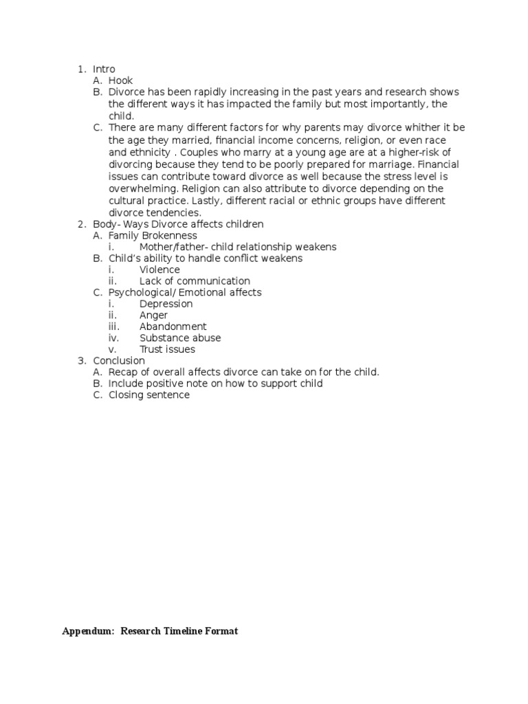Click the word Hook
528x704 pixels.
coord(120,81)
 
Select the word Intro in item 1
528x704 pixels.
coord(104,69)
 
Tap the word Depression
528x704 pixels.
coord(166,304)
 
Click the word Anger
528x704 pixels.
coord(153,316)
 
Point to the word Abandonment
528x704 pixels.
coord(173,327)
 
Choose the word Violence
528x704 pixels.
coord(159,270)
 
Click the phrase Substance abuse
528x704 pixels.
coord(180,338)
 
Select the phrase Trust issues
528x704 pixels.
coord(167,349)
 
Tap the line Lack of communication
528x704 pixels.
coord(195,281)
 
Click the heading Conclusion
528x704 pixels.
coord(119,361)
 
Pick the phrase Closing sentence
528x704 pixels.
coord(149,395)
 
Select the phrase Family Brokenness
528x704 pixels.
coord(153,236)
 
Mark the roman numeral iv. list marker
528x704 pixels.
coord(113,338)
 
